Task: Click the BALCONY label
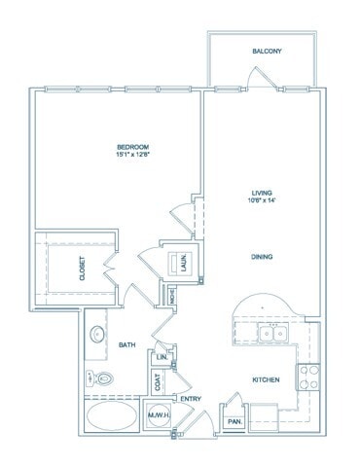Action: pos(266,51)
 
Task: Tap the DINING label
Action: pos(259,257)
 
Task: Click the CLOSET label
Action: pos(81,269)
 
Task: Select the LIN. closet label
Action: pos(162,357)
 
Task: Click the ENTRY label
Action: pos(190,398)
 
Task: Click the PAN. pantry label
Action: pos(234,420)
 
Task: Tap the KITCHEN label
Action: pos(267,379)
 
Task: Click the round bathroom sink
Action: pos(97,335)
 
